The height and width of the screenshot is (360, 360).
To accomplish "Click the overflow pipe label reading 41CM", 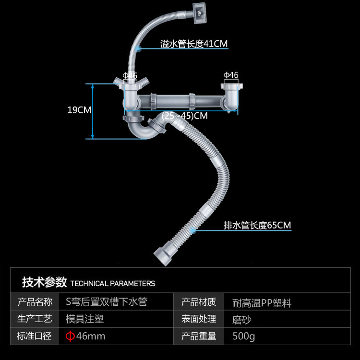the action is point(194,44).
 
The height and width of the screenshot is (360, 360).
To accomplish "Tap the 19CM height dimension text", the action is point(79,110).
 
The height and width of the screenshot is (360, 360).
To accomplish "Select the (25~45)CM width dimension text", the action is point(185,116).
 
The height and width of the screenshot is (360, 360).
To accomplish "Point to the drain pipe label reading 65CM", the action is point(257,225).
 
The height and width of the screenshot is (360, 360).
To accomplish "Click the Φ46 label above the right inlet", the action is point(231,75).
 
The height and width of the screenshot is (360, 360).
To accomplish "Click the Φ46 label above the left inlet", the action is point(130,75).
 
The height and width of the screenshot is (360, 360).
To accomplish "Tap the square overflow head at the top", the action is point(199,13).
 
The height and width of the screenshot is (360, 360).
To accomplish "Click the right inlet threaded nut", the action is point(232,86).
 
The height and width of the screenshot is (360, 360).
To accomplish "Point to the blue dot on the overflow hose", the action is point(138,48).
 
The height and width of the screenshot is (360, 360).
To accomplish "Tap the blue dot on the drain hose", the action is point(192,230).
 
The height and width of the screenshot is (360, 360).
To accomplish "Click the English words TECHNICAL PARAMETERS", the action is point(113,284).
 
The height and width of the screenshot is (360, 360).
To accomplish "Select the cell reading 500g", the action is point(243,336).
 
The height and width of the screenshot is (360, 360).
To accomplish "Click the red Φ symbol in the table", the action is point(70,336).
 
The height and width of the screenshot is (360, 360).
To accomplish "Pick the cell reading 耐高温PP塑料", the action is point(262,303).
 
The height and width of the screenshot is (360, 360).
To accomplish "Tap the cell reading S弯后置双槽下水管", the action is point(107,302).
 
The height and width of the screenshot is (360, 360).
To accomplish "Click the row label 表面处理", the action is point(199,319).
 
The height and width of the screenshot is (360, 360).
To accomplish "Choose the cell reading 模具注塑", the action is point(84,319).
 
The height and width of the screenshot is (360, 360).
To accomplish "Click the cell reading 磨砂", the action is point(241,320).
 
